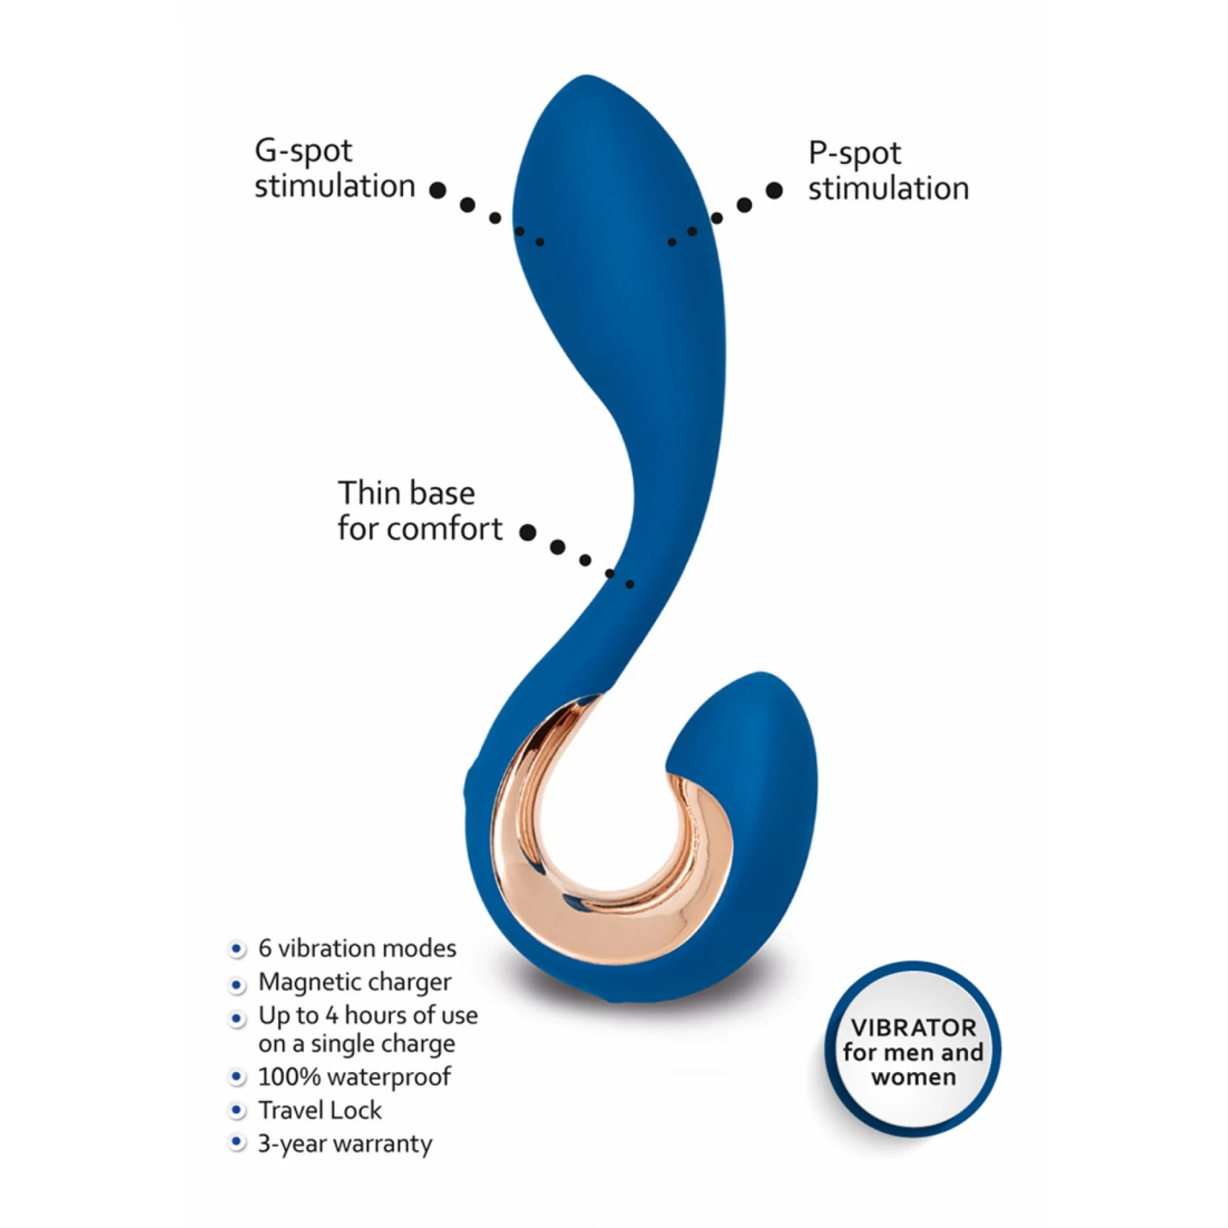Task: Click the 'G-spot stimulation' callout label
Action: click(335, 169)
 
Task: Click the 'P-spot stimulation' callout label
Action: click(888, 171)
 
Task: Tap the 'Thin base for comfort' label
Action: click(420, 511)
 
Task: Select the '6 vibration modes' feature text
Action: click(358, 948)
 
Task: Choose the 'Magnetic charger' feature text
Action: click(355, 982)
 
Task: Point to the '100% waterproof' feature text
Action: click(355, 1077)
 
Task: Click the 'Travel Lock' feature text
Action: click(320, 1110)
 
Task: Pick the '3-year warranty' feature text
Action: click(345, 1144)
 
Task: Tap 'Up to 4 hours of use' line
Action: click(368, 1016)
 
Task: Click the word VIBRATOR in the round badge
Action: click(913, 1027)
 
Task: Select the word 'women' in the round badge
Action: click(914, 1077)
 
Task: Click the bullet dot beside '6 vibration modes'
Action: click(236, 949)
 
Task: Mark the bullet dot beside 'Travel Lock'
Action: click(236, 1110)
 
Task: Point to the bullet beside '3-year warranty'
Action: click(236, 1143)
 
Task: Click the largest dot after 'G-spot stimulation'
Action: click(438, 190)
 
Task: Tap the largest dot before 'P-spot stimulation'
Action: click(774, 191)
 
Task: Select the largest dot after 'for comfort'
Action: click(528, 532)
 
